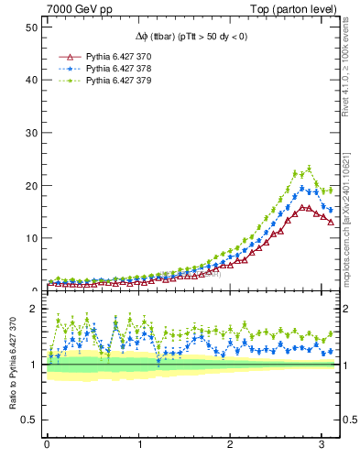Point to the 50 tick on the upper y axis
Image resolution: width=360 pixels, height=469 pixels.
(x=30, y=27)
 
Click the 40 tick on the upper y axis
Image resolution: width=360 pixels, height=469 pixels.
(x=30, y=80)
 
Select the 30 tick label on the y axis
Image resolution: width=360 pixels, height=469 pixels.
(x=30, y=133)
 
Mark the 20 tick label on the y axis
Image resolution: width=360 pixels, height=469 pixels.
(x=30, y=185)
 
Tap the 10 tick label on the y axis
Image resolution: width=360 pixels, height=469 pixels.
(x=30, y=238)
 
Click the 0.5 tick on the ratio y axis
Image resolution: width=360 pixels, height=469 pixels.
(x=27, y=420)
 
